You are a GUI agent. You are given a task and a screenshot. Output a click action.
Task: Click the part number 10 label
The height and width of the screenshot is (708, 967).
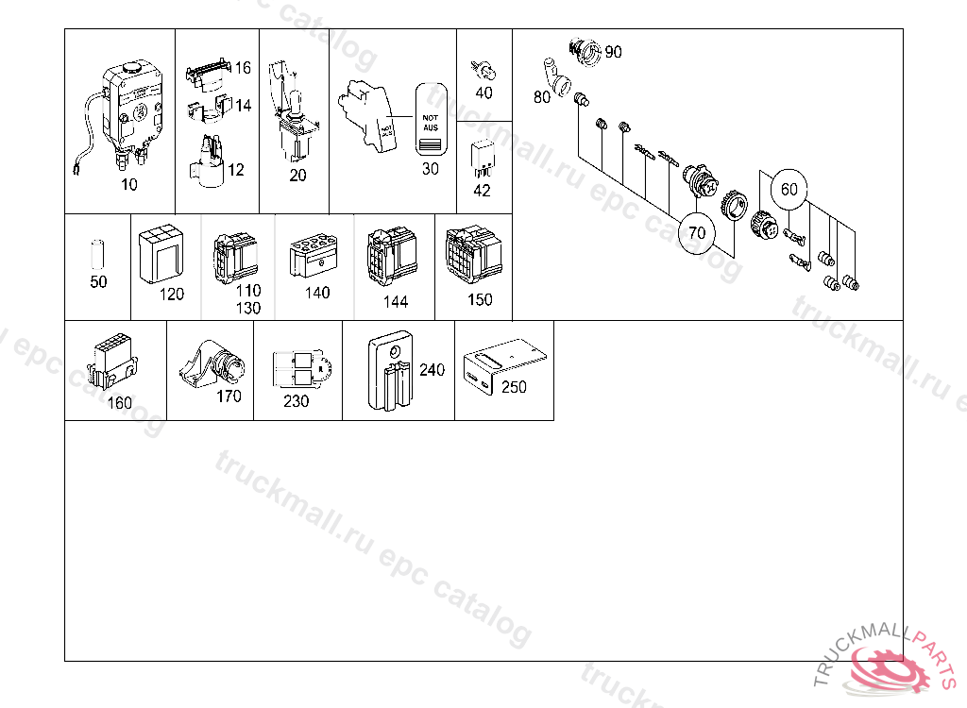coord(129,185)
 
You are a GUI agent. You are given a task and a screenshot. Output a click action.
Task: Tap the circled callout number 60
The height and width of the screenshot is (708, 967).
coord(789,190)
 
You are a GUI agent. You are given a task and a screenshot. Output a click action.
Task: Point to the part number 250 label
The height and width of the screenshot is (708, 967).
coord(514,387)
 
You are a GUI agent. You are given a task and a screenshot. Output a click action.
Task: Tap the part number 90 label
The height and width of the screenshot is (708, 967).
coord(613,52)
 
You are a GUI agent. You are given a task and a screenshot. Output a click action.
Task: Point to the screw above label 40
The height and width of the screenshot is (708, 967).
coord(483,69)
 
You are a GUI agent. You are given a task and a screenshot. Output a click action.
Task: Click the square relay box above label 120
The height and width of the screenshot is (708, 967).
coord(160,252)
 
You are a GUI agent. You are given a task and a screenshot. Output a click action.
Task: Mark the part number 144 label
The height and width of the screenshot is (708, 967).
coord(396,302)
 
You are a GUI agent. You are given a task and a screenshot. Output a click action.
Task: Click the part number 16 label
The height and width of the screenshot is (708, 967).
coord(243,68)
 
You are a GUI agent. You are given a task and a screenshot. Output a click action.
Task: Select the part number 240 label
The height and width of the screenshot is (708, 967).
coord(432,370)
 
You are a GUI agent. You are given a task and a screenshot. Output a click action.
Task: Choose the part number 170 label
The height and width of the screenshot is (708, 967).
coord(229,396)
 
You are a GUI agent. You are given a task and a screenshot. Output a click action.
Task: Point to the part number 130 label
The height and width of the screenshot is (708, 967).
coord(248,308)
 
